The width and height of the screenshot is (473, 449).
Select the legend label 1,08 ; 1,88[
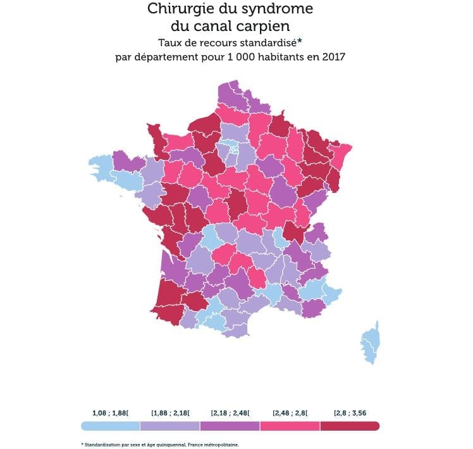coord(111,413)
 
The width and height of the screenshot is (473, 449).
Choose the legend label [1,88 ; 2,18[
coord(171,413)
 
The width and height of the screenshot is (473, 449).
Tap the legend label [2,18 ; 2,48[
coord(230,413)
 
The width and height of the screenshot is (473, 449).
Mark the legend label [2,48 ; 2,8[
coord(290,413)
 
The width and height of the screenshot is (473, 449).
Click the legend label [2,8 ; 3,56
coord(350,413)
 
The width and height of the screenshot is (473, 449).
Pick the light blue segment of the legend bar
coord(111,426)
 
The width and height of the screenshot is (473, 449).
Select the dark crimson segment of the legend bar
coord(350,426)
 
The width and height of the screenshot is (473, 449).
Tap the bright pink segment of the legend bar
coord(290,426)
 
